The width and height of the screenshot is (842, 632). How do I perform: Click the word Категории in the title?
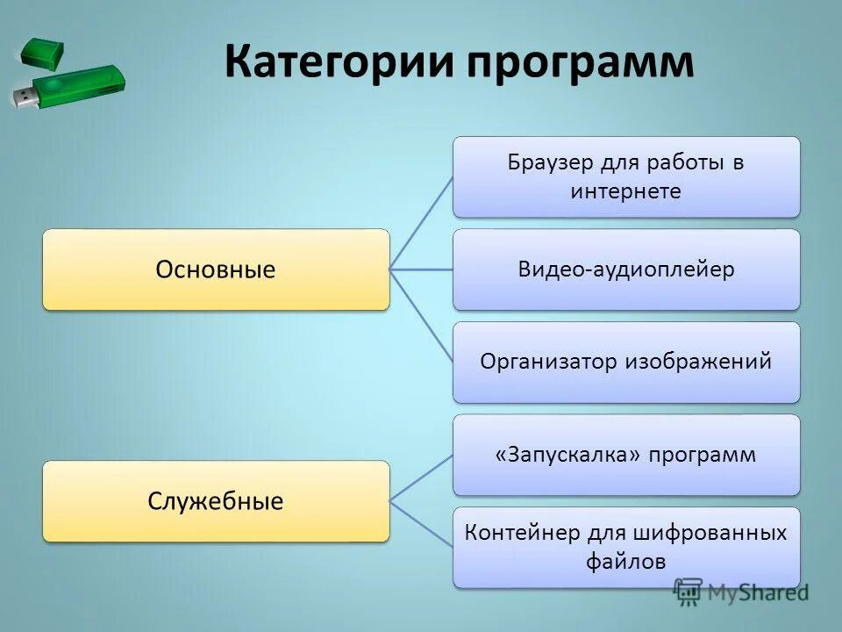[x=338, y=63]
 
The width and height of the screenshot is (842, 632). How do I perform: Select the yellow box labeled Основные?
[x=216, y=269]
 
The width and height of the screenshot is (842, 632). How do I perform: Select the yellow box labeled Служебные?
[x=216, y=501]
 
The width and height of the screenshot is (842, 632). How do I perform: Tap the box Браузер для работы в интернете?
[x=626, y=176]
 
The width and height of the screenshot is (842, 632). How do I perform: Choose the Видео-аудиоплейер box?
[x=626, y=269]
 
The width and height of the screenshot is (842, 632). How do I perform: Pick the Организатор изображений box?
[x=626, y=362]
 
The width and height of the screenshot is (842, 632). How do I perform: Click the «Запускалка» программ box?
[x=626, y=455]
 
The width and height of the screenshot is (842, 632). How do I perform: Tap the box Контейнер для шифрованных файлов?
[x=626, y=547]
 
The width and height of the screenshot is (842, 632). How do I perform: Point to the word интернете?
[x=625, y=191]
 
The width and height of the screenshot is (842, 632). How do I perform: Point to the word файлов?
[x=626, y=561]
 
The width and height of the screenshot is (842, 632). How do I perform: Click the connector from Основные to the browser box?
[x=421, y=223]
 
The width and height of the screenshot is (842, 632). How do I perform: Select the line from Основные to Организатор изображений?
[x=421, y=315]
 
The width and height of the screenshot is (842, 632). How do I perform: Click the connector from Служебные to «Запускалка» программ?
[x=421, y=478]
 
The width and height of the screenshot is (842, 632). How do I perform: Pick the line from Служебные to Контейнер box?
[x=421, y=524]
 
